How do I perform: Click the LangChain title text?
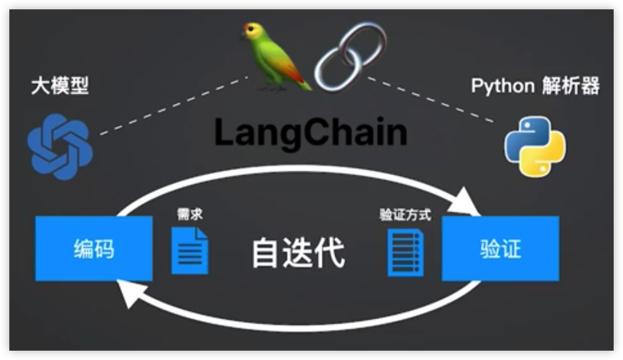[311, 133]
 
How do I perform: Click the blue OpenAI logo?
[60, 147]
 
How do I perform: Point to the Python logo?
[535, 146]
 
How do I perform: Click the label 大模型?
[60, 86]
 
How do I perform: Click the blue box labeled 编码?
[94, 249]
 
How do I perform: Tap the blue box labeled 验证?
[500, 249]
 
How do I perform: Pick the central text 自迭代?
[298, 252]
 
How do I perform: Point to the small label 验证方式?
[405, 214]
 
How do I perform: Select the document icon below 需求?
[190, 250]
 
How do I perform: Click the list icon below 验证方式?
[406, 252]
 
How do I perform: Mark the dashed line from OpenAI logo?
[173, 106]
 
